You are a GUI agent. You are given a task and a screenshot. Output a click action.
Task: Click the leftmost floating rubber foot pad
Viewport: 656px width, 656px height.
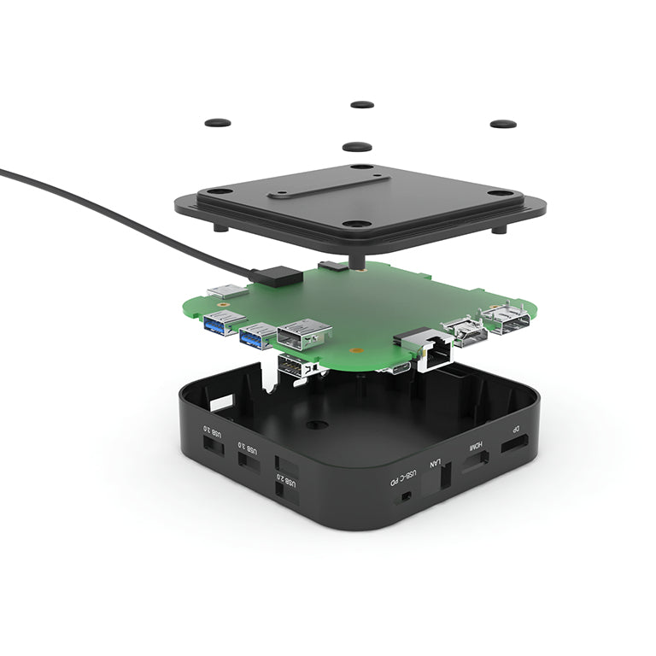pyautogui.click(x=218, y=122)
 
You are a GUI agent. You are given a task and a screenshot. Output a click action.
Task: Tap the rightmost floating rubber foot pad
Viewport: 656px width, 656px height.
pyautogui.click(x=502, y=124)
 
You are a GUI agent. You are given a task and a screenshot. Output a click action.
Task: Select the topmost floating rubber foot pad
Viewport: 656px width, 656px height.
pyautogui.click(x=362, y=104)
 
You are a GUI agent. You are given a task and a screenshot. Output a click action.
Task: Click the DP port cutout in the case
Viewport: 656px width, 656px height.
pyautogui.click(x=513, y=445)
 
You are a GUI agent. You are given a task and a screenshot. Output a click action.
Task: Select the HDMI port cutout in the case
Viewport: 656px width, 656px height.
pyautogui.click(x=476, y=461)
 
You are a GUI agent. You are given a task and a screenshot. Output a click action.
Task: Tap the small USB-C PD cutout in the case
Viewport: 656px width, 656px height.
pyautogui.click(x=406, y=495)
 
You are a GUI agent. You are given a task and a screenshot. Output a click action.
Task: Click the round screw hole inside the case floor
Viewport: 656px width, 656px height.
pyautogui.click(x=317, y=424)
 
